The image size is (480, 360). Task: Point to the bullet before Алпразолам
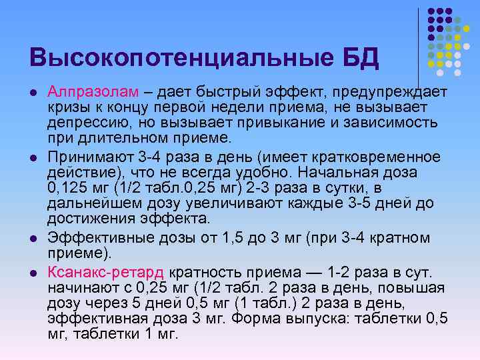(33, 92)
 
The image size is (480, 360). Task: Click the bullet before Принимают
(33, 157)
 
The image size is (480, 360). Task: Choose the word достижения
(90, 218)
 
